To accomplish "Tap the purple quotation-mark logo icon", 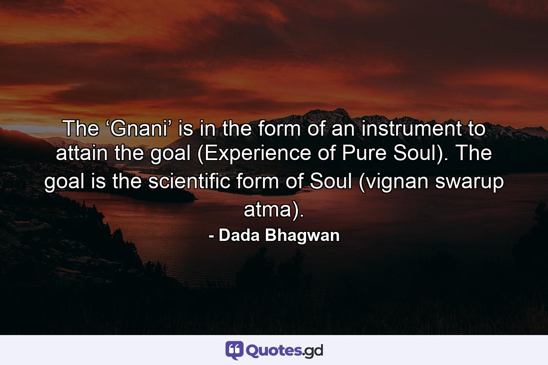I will [234, 350].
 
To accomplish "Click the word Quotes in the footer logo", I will [274, 350].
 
